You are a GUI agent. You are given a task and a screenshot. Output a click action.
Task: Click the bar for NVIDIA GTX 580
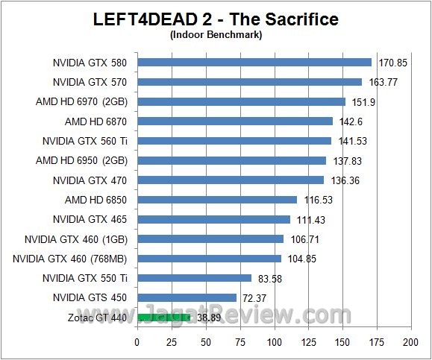(254, 63)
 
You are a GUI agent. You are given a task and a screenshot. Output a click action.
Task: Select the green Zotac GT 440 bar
(163, 318)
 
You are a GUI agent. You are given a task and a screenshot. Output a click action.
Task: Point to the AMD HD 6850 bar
(216, 200)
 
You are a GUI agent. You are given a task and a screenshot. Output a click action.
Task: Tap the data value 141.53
(351, 141)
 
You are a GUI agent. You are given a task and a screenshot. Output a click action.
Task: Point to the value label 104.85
(301, 259)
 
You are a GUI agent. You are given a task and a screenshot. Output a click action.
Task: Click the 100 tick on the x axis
(274, 342)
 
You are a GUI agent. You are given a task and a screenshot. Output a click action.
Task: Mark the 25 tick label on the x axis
(171, 342)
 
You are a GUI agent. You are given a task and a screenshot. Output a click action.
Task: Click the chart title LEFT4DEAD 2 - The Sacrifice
(216, 19)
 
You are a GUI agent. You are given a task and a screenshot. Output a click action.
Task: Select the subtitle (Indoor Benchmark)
(216, 34)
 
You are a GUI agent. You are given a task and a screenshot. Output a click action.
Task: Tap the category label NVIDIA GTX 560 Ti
(84, 141)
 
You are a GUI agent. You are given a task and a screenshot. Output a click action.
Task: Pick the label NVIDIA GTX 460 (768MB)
(70, 259)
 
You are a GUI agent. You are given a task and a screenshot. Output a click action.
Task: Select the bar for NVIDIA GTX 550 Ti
(194, 278)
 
